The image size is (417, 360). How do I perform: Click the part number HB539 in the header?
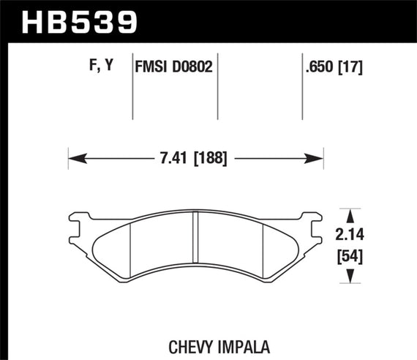coord(80,21)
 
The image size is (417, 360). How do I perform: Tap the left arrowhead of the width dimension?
coord(74,156)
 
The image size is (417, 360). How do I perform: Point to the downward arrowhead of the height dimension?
coord(349,277)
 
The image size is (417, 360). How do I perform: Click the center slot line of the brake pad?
coord(195,233)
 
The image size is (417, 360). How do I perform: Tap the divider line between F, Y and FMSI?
coord(132,88)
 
